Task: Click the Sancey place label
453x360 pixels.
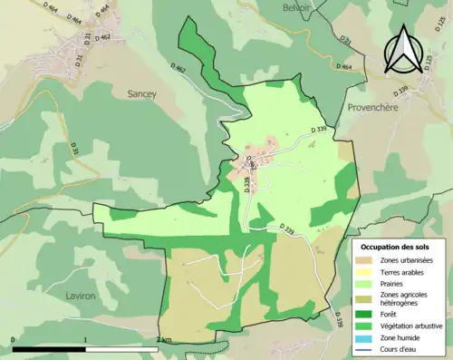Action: coord(133,92)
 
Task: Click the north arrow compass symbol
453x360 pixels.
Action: coord(402,49)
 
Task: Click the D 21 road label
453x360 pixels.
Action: coord(345,40)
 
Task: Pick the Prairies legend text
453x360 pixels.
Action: coord(394,283)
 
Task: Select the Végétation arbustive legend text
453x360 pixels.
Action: coord(412,326)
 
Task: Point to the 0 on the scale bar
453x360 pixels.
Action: coord(14,340)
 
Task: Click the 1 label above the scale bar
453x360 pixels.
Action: coord(85,340)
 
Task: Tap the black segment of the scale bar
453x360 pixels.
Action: coord(49,349)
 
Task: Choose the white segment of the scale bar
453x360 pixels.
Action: coord(121,349)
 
